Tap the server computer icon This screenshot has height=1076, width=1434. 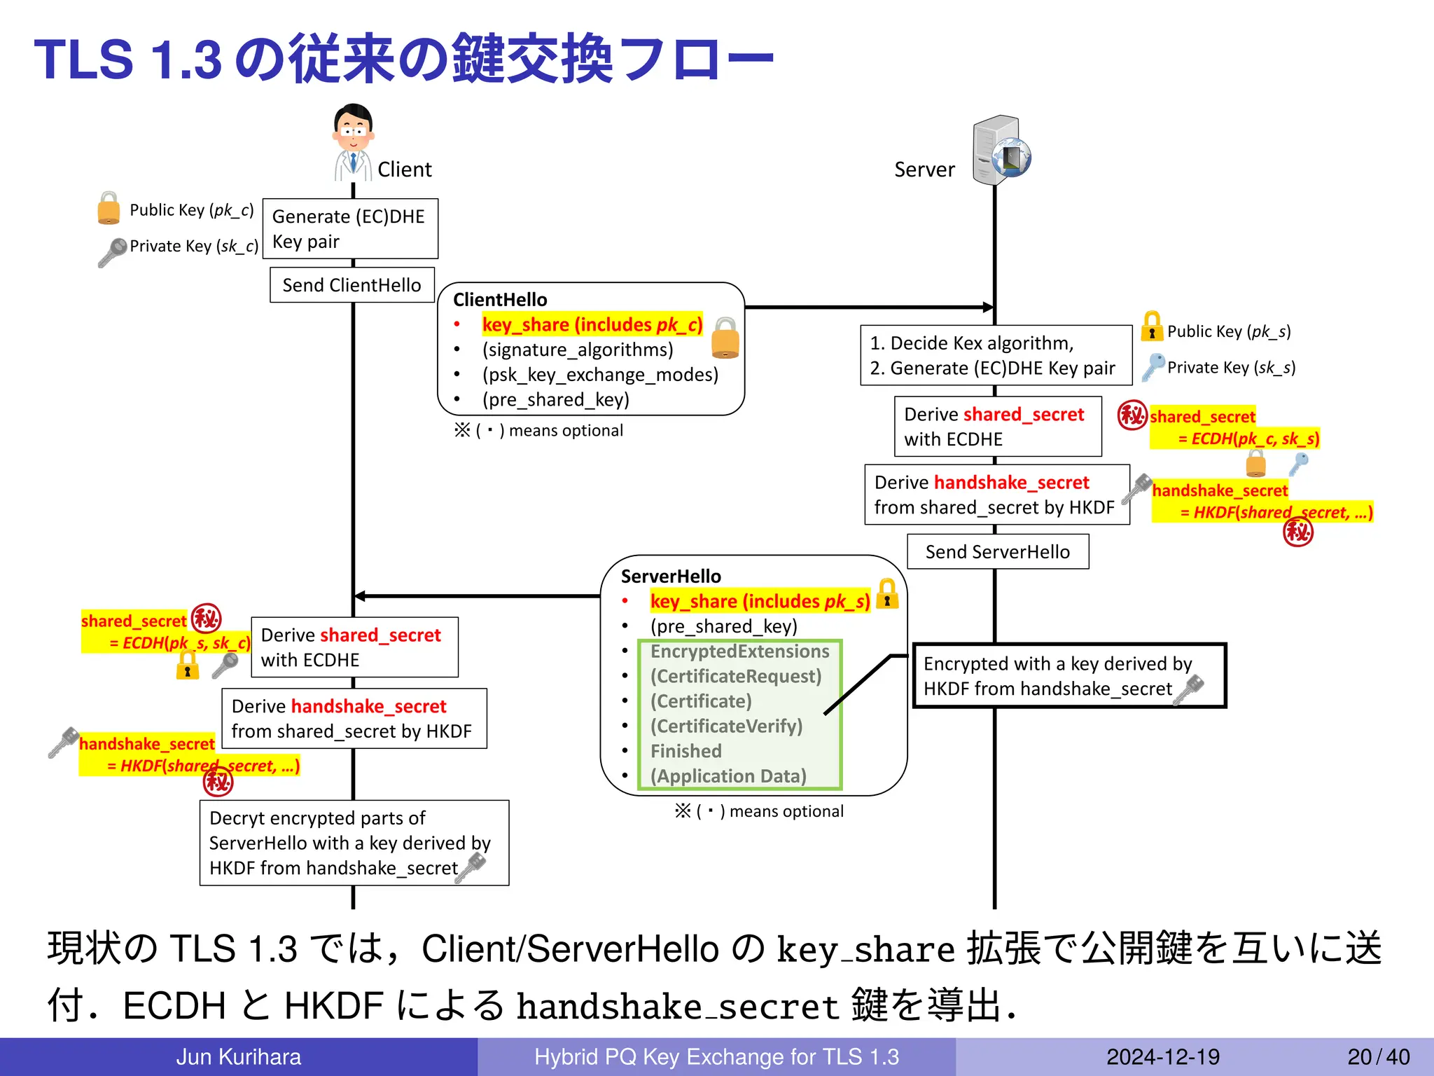pyautogui.click(x=1000, y=151)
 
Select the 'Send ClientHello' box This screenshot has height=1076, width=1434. pyautogui.click(x=352, y=285)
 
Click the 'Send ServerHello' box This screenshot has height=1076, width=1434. pyautogui.click(x=998, y=552)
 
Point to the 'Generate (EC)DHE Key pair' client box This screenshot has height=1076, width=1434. pyautogui.click(x=350, y=229)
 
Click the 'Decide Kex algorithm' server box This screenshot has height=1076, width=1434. pyautogui.click(x=995, y=355)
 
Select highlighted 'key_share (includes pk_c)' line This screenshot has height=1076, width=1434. pyautogui.click(x=592, y=325)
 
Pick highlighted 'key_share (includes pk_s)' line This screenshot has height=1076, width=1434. pyautogui.click(x=760, y=602)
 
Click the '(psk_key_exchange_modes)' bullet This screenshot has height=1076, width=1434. pyautogui.click(x=600, y=375)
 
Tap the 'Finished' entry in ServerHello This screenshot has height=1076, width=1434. pyautogui.click(x=685, y=751)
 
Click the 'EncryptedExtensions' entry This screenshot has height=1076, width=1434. pyautogui.click(x=739, y=651)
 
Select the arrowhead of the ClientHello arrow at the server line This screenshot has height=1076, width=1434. pyautogui.click(x=988, y=307)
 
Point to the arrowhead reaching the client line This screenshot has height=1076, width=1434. pyautogui.click(x=361, y=596)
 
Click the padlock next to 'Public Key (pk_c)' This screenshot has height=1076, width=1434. pyautogui.click(x=109, y=209)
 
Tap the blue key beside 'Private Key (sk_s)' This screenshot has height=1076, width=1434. pyautogui.click(x=1153, y=366)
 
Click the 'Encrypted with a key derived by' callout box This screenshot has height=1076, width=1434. pyautogui.click(x=1068, y=676)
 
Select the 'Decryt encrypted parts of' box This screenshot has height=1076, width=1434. pyautogui.click(x=354, y=843)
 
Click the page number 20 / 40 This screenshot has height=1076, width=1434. pyautogui.click(x=1378, y=1056)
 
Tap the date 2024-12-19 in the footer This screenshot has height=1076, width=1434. pyautogui.click(x=1162, y=1056)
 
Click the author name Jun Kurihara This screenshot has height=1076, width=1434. pyautogui.click(x=238, y=1056)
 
